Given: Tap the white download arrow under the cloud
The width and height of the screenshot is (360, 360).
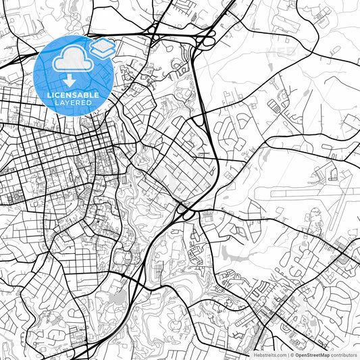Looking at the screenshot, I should pyautogui.click(x=71, y=81).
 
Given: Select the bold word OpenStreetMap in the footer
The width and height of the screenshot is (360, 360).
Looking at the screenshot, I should pyautogui.click(x=313, y=354).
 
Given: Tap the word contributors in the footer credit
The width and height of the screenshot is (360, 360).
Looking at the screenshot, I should pyautogui.click(x=344, y=354).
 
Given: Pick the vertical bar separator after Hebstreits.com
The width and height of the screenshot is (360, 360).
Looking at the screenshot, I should pyautogui.click(x=288, y=354).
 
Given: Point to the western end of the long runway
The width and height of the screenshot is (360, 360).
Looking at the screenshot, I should pyautogui.click(x=272, y=196).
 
